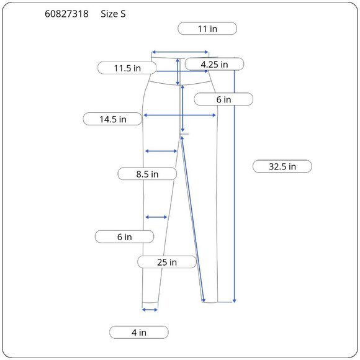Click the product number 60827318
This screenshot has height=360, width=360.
click(66, 14)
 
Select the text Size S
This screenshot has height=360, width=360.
click(113, 14)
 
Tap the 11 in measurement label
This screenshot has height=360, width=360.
click(207, 29)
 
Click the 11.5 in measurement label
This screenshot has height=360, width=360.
click(127, 68)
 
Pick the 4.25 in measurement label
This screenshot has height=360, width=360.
click(214, 65)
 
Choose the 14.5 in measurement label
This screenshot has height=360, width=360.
click(113, 119)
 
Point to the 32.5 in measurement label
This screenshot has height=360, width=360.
click(282, 166)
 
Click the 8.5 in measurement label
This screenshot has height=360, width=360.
click(147, 174)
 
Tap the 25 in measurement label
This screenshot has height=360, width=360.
click(167, 262)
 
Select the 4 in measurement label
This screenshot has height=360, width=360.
click(139, 332)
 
